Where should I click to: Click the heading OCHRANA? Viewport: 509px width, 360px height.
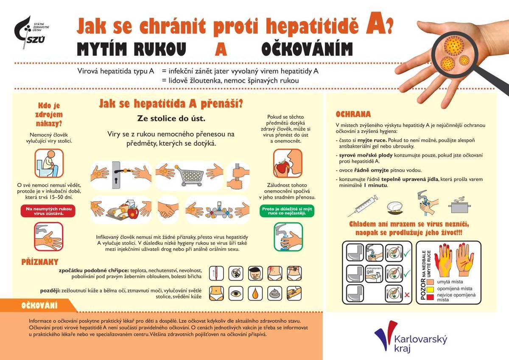tap(353, 114)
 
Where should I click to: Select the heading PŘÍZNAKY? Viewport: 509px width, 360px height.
tap(40, 262)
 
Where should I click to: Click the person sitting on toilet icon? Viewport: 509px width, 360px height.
tap(49, 163)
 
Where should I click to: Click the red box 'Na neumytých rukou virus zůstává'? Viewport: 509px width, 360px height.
tap(48, 211)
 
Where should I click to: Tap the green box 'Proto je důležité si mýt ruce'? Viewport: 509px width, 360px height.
tap(287, 211)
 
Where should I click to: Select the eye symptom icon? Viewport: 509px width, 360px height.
tap(236, 293)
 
